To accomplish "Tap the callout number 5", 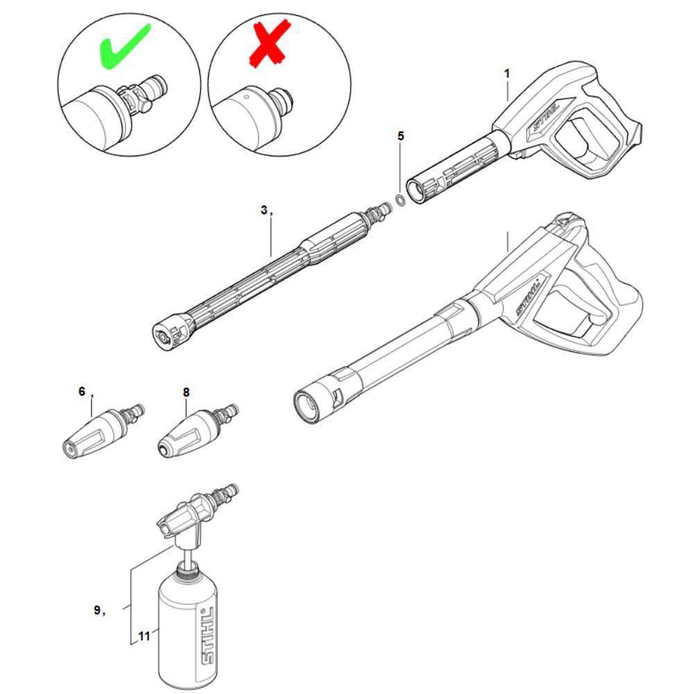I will [400, 136].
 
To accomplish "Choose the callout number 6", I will [82, 392].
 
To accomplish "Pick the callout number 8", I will [186, 392].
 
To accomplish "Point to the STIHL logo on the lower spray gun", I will [529, 296].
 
